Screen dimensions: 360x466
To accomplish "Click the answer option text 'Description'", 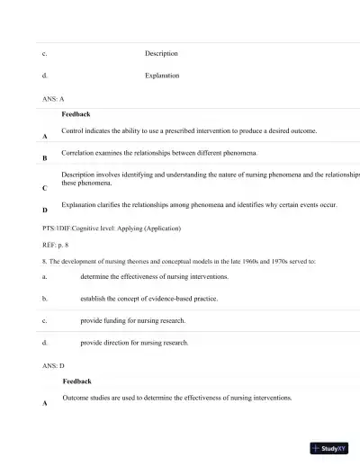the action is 161,54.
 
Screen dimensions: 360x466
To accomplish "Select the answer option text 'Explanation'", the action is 162,76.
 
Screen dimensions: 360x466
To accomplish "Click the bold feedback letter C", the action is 45,189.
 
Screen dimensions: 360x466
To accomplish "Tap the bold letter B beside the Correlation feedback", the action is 45,158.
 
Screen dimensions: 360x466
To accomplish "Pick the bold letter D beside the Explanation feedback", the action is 45,211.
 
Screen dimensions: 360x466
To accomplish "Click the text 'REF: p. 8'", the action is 56,245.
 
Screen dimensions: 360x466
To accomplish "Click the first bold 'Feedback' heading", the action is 76,114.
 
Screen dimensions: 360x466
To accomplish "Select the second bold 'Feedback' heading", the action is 76,381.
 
